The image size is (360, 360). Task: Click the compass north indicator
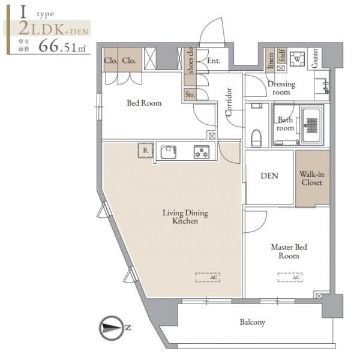pyautogui.click(x=111, y=328)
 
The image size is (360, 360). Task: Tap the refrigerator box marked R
pyautogui.click(x=146, y=151)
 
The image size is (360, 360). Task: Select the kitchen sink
pyautogui.click(x=168, y=152)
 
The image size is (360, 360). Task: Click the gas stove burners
pyautogui.click(x=202, y=152)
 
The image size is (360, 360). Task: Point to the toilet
pyautogui.click(x=256, y=138)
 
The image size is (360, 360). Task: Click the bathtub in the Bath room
pyautogui.click(x=311, y=125)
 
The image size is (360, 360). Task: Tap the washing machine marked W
pyautogui.click(x=298, y=59)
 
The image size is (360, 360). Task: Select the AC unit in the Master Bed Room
pyautogui.click(x=290, y=277)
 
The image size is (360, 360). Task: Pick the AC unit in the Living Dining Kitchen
pyautogui.click(x=208, y=277)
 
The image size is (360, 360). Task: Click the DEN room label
pyautogui.click(x=269, y=176)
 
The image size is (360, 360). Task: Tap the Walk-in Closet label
pyautogui.click(x=312, y=178)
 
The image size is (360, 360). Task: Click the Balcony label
pyautogui.click(x=253, y=322)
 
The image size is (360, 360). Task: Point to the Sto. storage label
pyautogui.click(x=190, y=95)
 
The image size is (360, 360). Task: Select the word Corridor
pyautogui.click(x=229, y=102)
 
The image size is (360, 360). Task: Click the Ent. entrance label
pyautogui.click(x=214, y=61)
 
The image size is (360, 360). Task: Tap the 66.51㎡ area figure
pyautogui.click(x=62, y=46)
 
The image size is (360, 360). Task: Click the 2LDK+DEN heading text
pyautogui.click(x=53, y=28)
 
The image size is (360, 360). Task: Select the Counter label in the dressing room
pyautogui.click(x=314, y=58)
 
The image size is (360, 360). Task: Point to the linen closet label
pyautogui.click(x=271, y=61)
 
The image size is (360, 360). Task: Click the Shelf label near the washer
pyautogui.click(x=282, y=55)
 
